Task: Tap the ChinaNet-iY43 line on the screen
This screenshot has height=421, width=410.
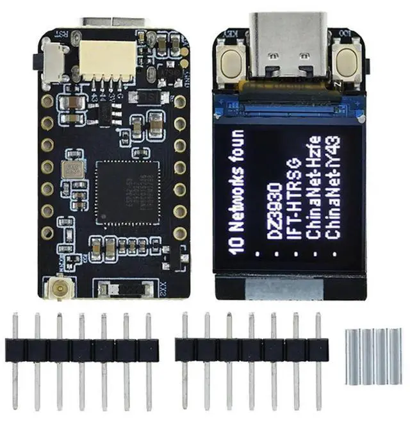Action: click(x=333, y=186)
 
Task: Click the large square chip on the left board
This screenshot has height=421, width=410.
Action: click(x=127, y=192)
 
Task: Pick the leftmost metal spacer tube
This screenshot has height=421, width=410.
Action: click(x=350, y=356)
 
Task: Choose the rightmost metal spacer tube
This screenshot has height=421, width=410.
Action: click(x=397, y=356)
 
